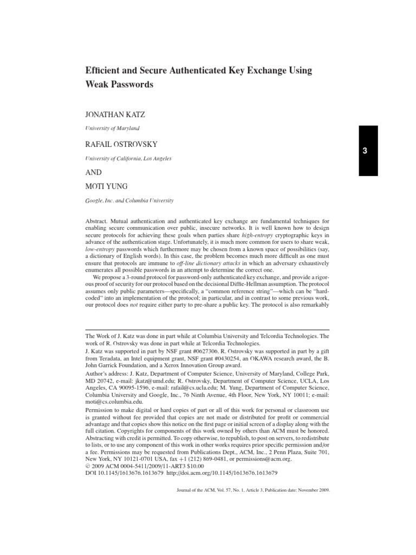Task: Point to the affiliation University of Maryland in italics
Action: pos(113,128)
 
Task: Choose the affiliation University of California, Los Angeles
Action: pos(129,158)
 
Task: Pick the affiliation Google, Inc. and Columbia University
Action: pos(130,200)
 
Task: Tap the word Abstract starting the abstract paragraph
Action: pos(100,222)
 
